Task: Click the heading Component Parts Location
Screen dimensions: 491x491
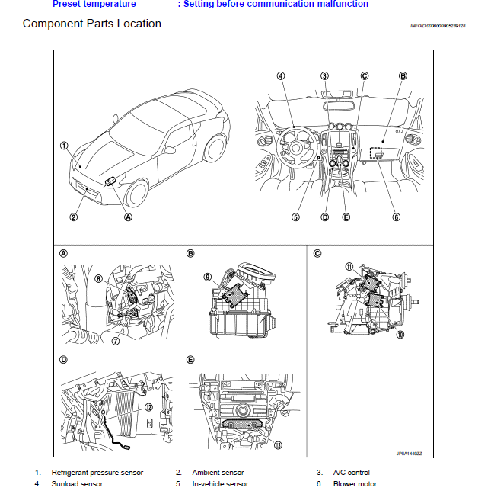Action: (x=91, y=24)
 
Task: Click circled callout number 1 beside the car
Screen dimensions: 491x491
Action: (x=64, y=145)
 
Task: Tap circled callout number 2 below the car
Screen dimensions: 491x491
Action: (x=73, y=217)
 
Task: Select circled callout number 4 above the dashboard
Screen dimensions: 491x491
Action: (x=280, y=75)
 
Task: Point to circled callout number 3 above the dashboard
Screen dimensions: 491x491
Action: (x=324, y=75)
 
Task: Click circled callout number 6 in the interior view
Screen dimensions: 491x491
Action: (x=396, y=217)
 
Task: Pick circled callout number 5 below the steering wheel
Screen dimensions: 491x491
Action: (x=295, y=217)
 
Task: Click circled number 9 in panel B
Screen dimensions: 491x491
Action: (x=207, y=278)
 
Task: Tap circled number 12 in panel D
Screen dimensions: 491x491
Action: (x=148, y=408)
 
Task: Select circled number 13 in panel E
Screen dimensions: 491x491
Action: (x=279, y=445)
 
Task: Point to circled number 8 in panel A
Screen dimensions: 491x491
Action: (x=98, y=279)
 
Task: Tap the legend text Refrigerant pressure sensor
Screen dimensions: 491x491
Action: (x=97, y=473)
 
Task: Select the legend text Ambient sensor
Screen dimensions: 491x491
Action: (x=218, y=473)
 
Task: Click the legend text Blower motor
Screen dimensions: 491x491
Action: (x=355, y=483)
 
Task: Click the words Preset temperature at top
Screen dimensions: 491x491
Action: (x=94, y=4)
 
